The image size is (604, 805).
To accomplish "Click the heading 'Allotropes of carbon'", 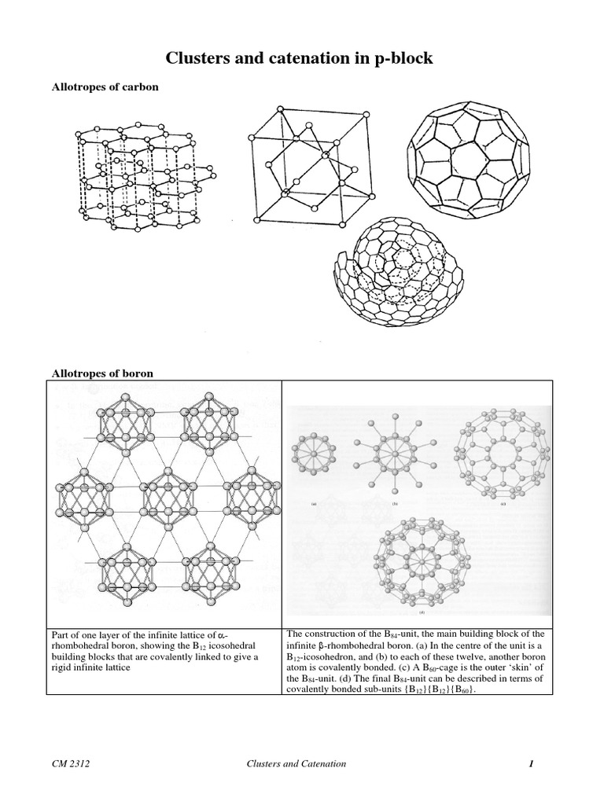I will coord(105,87).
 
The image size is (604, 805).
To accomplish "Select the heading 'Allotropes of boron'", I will coord(101,373).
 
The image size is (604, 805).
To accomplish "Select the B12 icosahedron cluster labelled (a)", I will coord(313,458).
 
